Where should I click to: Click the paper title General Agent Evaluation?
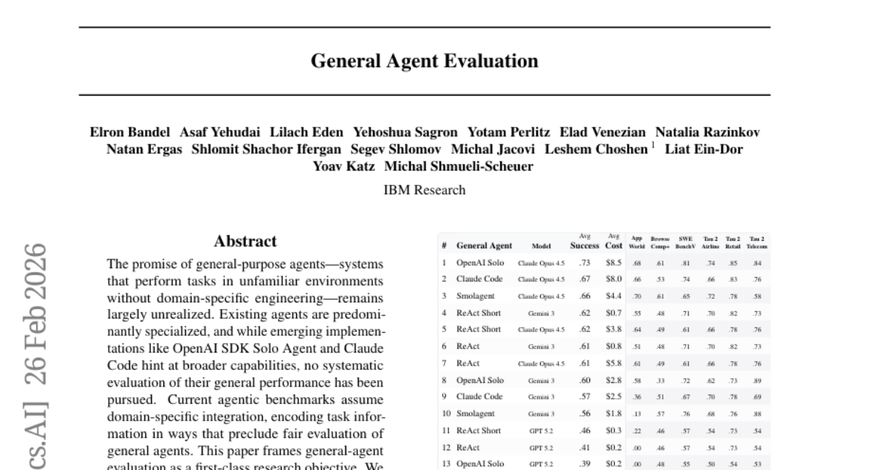pyautogui.click(x=425, y=61)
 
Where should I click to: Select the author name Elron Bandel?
pyautogui.click(x=130, y=132)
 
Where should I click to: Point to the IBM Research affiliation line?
pyautogui.click(x=425, y=190)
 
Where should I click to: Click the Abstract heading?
pyautogui.click(x=245, y=242)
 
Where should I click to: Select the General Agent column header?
pyautogui.click(x=484, y=246)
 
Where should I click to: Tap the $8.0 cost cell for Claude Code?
pyautogui.click(x=613, y=279)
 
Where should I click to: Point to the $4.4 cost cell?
pyautogui.click(x=613, y=296)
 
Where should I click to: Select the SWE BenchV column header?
pyautogui.click(x=687, y=242)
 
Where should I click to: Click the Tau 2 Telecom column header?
pyautogui.click(x=757, y=242)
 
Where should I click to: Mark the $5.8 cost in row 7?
pyautogui.click(x=613, y=363)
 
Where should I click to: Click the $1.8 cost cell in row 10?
pyautogui.click(x=613, y=414)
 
